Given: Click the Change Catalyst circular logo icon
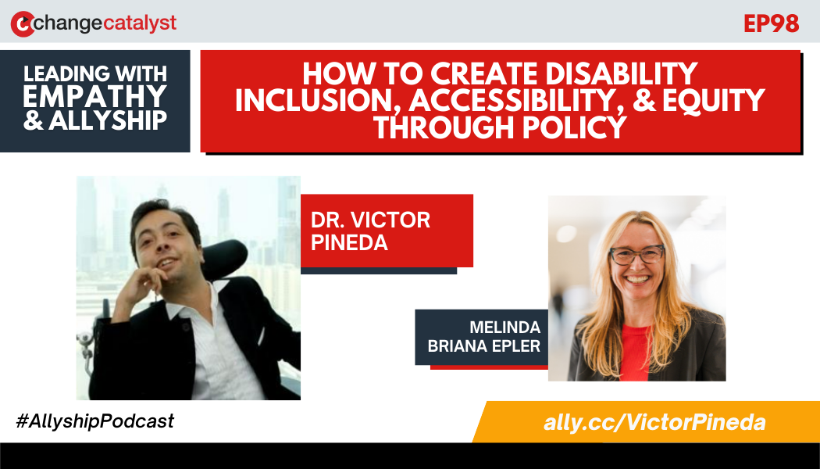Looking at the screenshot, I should point(23,23).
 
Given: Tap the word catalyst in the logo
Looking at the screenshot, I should point(140,23).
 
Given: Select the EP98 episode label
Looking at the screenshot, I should point(771,23).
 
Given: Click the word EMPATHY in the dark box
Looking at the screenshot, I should point(95,97).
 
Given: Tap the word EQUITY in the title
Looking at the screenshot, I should point(714,101).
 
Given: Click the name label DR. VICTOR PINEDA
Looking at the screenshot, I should point(370,231).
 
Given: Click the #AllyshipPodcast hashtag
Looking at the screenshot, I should point(95,421).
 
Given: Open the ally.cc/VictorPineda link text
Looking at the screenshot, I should point(654,423).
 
